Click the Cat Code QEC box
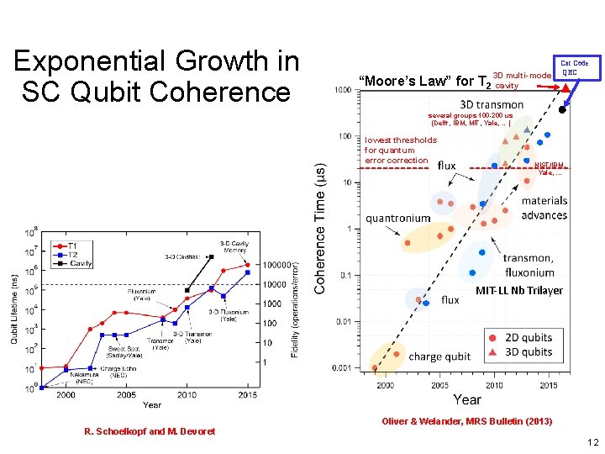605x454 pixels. pyautogui.click(x=574, y=67)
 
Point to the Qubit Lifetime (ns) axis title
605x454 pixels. pyautogui.click(x=13, y=309)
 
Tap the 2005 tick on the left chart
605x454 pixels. pyautogui.click(x=127, y=395)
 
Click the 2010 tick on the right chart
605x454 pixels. pyautogui.click(x=495, y=385)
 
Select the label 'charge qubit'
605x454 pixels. pyautogui.click(x=440, y=356)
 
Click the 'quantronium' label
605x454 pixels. pyautogui.click(x=397, y=218)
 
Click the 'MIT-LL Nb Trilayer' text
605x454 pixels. pyautogui.click(x=518, y=291)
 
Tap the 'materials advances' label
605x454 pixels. pyautogui.click(x=544, y=208)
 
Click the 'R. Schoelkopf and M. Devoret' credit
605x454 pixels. pyautogui.click(x=150, y=431)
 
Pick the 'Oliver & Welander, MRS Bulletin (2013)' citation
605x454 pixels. pyautogui.click(x=467, y=421)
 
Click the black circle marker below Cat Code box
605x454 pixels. pyautogui.click(x=563, y=109)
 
